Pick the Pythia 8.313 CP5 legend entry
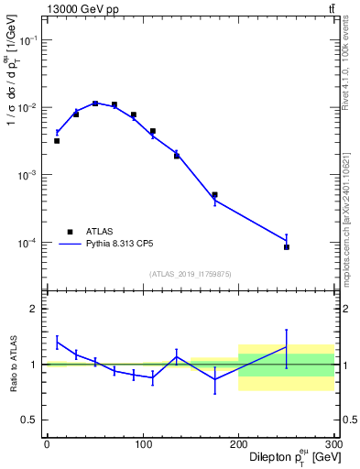coord(101,245)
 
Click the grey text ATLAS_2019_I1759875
coord(191,273)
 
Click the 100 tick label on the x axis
coord(142,445)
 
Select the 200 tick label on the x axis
coord(238,445)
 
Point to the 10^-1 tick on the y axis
coord(29,41)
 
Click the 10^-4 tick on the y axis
coord(29,243)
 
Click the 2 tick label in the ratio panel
coord(35,309)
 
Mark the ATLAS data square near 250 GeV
coord(287,247)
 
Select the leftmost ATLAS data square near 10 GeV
coord(57,141)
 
